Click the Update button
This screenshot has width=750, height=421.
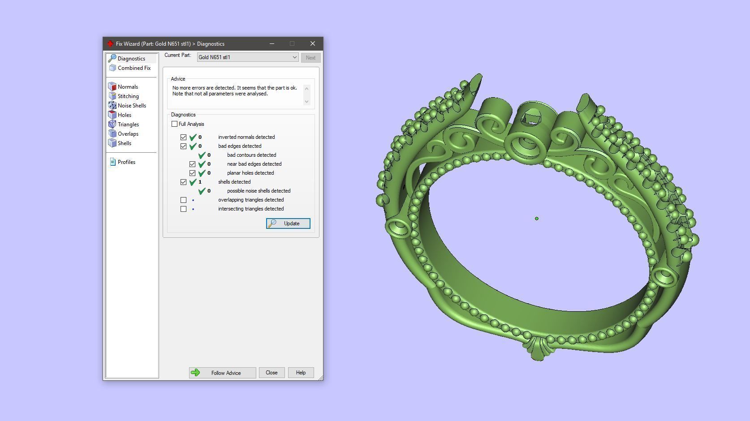point(288,223)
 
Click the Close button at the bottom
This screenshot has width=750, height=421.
point(272,373)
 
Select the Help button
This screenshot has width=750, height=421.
point(301,373)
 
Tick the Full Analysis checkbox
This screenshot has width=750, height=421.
point(175,124)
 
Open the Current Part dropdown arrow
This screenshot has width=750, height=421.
point(294,57)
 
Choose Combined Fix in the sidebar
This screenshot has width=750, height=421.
point(134,68)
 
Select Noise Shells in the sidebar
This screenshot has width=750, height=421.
point(132,106)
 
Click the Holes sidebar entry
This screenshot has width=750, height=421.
point(124,115)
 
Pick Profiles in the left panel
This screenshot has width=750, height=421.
point(126,162)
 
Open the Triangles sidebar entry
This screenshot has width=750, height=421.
point(128,125)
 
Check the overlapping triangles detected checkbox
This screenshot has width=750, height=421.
point(184,200)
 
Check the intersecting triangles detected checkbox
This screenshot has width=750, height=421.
point(184,209)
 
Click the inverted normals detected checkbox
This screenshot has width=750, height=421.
point(184,137)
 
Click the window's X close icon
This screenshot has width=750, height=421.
point(313,43)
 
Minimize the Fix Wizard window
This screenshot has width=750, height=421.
point(272,43)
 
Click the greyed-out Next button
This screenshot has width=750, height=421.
point(310,58)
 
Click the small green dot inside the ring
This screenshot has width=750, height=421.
point(537,219)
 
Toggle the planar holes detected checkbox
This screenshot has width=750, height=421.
point(193,173)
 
